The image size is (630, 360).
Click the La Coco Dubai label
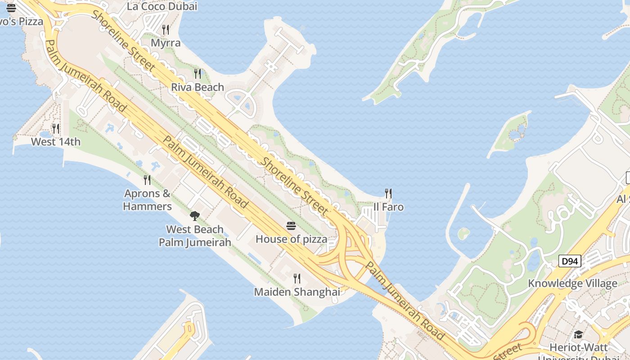(162, 7)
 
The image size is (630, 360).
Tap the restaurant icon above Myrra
(166, 30)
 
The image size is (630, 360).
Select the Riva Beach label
(197, 87)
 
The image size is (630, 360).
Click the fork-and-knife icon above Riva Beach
(198, 74)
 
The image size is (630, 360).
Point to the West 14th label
(56, 142)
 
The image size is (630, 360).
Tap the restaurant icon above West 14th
(56, 129)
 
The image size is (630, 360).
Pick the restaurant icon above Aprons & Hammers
(147, 180)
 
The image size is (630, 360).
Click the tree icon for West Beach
(195, 216)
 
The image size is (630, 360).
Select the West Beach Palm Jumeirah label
(195, 236)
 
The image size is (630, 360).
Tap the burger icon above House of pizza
(291, 226)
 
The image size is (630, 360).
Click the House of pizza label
(291, 239)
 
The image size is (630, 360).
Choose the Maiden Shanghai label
(297, 292)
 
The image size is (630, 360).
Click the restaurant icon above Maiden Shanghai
(297, 279)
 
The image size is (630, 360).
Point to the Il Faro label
(388, 207)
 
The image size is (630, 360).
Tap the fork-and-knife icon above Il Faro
(388, 193)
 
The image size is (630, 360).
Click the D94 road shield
(570, 261)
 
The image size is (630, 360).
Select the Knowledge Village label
(572, 283)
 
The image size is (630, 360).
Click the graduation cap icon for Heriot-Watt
(578, 334)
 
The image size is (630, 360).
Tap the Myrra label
(166, 43)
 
